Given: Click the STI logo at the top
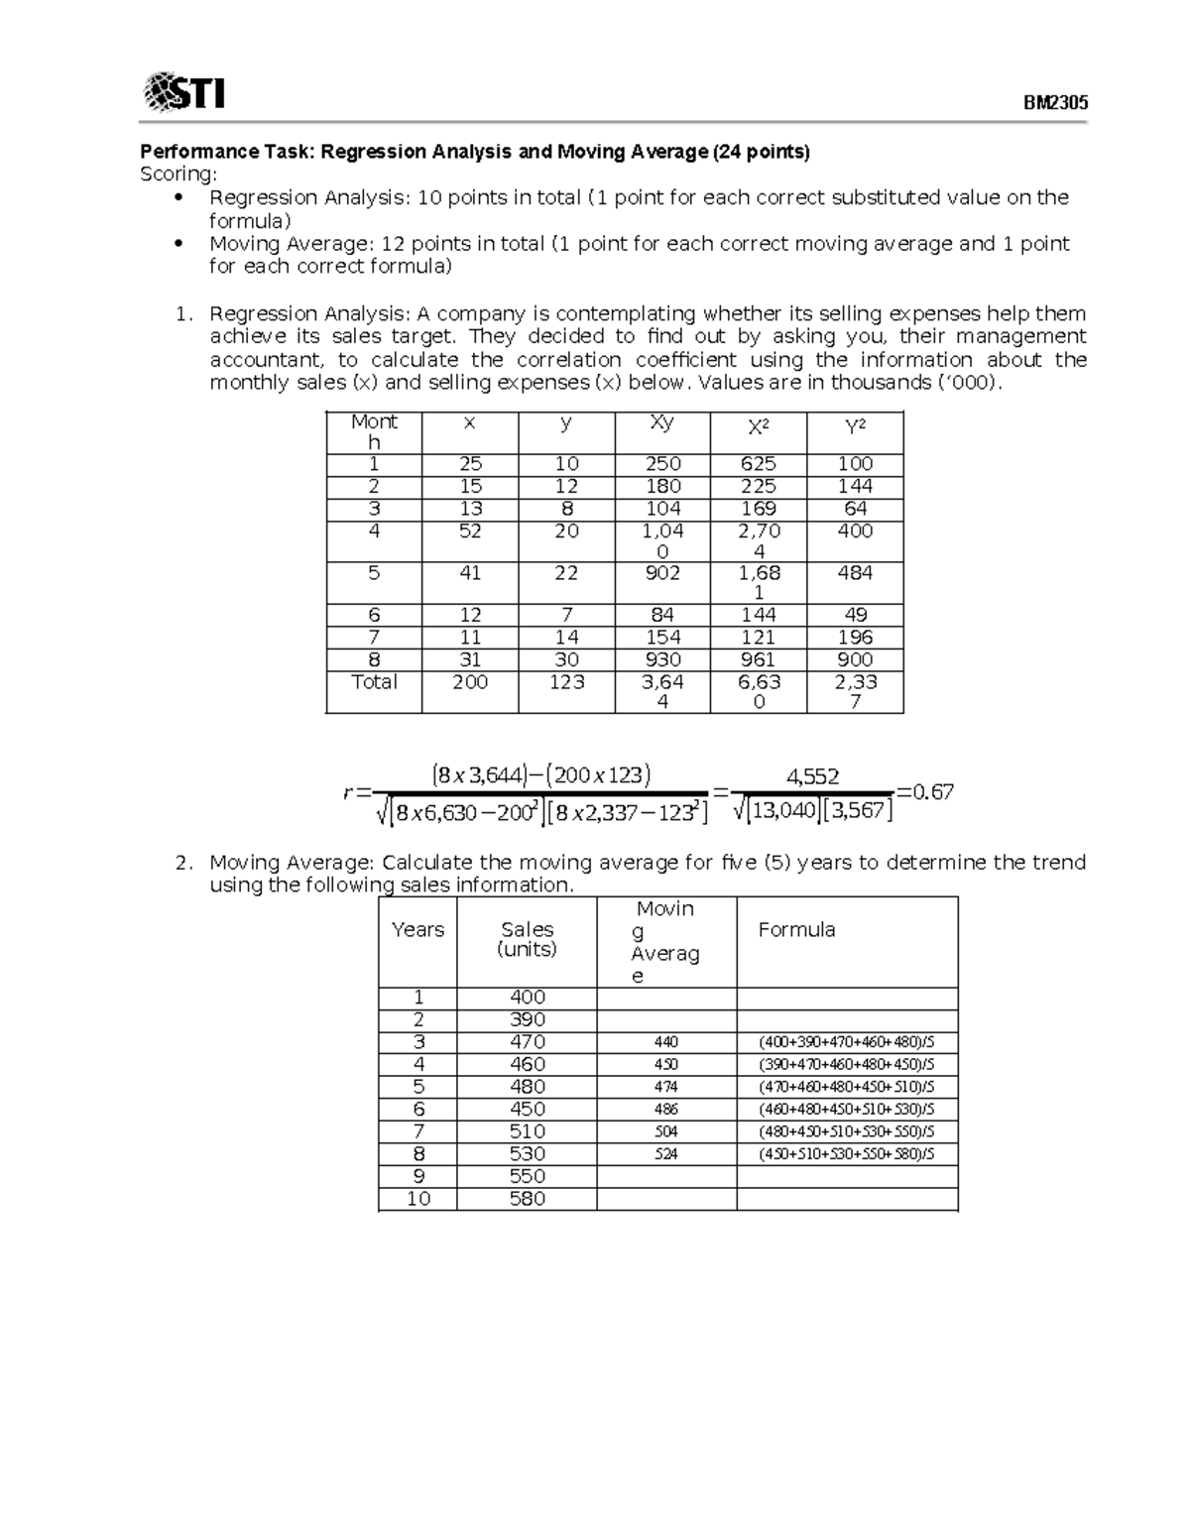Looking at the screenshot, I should click(184, 92).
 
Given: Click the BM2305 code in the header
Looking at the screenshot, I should click(1055, 103).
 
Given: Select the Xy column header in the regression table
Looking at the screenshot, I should click(661, 422).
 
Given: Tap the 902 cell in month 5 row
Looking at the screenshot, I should click(662, 573).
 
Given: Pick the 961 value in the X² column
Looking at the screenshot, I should click(759, 659).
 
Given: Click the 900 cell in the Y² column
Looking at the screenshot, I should click(855, 659).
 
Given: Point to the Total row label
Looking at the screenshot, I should click(374, 682).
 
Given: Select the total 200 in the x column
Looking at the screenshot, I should click(470, 682).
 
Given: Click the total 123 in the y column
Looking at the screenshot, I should click(566, 682).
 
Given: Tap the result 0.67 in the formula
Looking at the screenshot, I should click(932, 791).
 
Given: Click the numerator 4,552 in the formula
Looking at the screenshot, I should click(812, 776).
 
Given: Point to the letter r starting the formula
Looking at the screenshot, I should click(348, 792).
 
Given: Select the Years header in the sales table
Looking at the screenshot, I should click(417, 929).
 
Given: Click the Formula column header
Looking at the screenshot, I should click(796, 929).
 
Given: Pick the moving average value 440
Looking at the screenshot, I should click(666, 1042).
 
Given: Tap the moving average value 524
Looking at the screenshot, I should click(666, 1154).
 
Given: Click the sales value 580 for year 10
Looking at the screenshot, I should click(527, 1199).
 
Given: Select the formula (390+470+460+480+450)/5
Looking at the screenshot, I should click(846, 1065).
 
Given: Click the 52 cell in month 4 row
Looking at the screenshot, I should click(470, 532).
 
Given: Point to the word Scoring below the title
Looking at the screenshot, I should click(178, 175).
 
